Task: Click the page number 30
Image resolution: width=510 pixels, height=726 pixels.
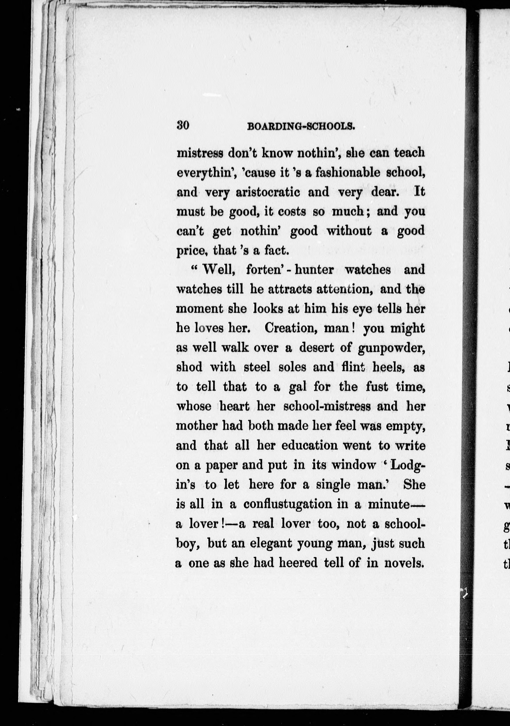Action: pyautogui.click(x=183, y=126)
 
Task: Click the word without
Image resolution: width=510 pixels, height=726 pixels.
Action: pyautogui.click(x=349, y=231)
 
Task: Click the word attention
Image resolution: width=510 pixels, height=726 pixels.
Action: pyautogui.click(x=344, y=289)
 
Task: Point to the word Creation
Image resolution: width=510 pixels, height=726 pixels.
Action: pyautogui.click(x=291, y=328)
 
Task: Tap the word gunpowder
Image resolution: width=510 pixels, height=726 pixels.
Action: pyautogui.click(x=391, y=348)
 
